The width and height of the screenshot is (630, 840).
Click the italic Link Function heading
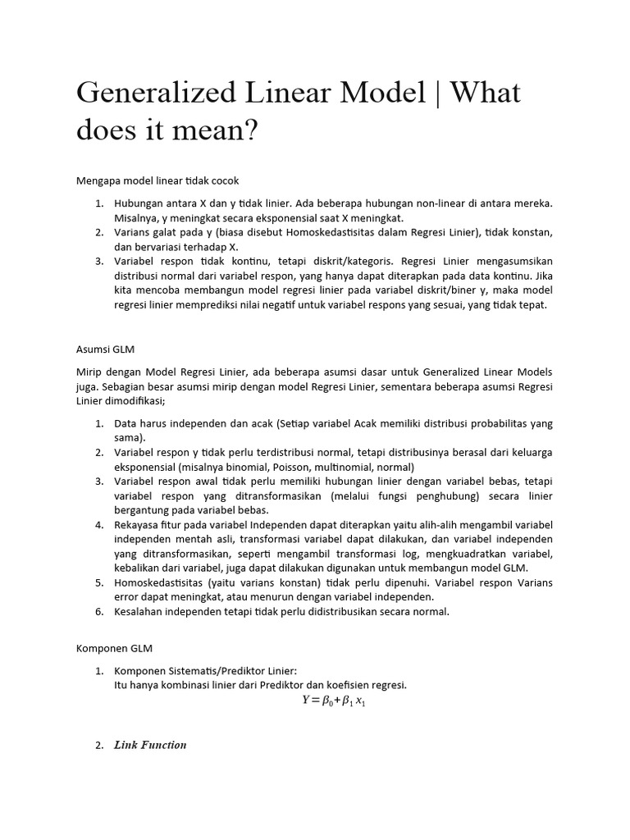(150, 745)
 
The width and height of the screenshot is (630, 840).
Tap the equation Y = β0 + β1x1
(332, 701)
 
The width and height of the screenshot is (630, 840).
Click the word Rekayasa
(139, 525)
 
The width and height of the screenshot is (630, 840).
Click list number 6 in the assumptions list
(98, 612)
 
